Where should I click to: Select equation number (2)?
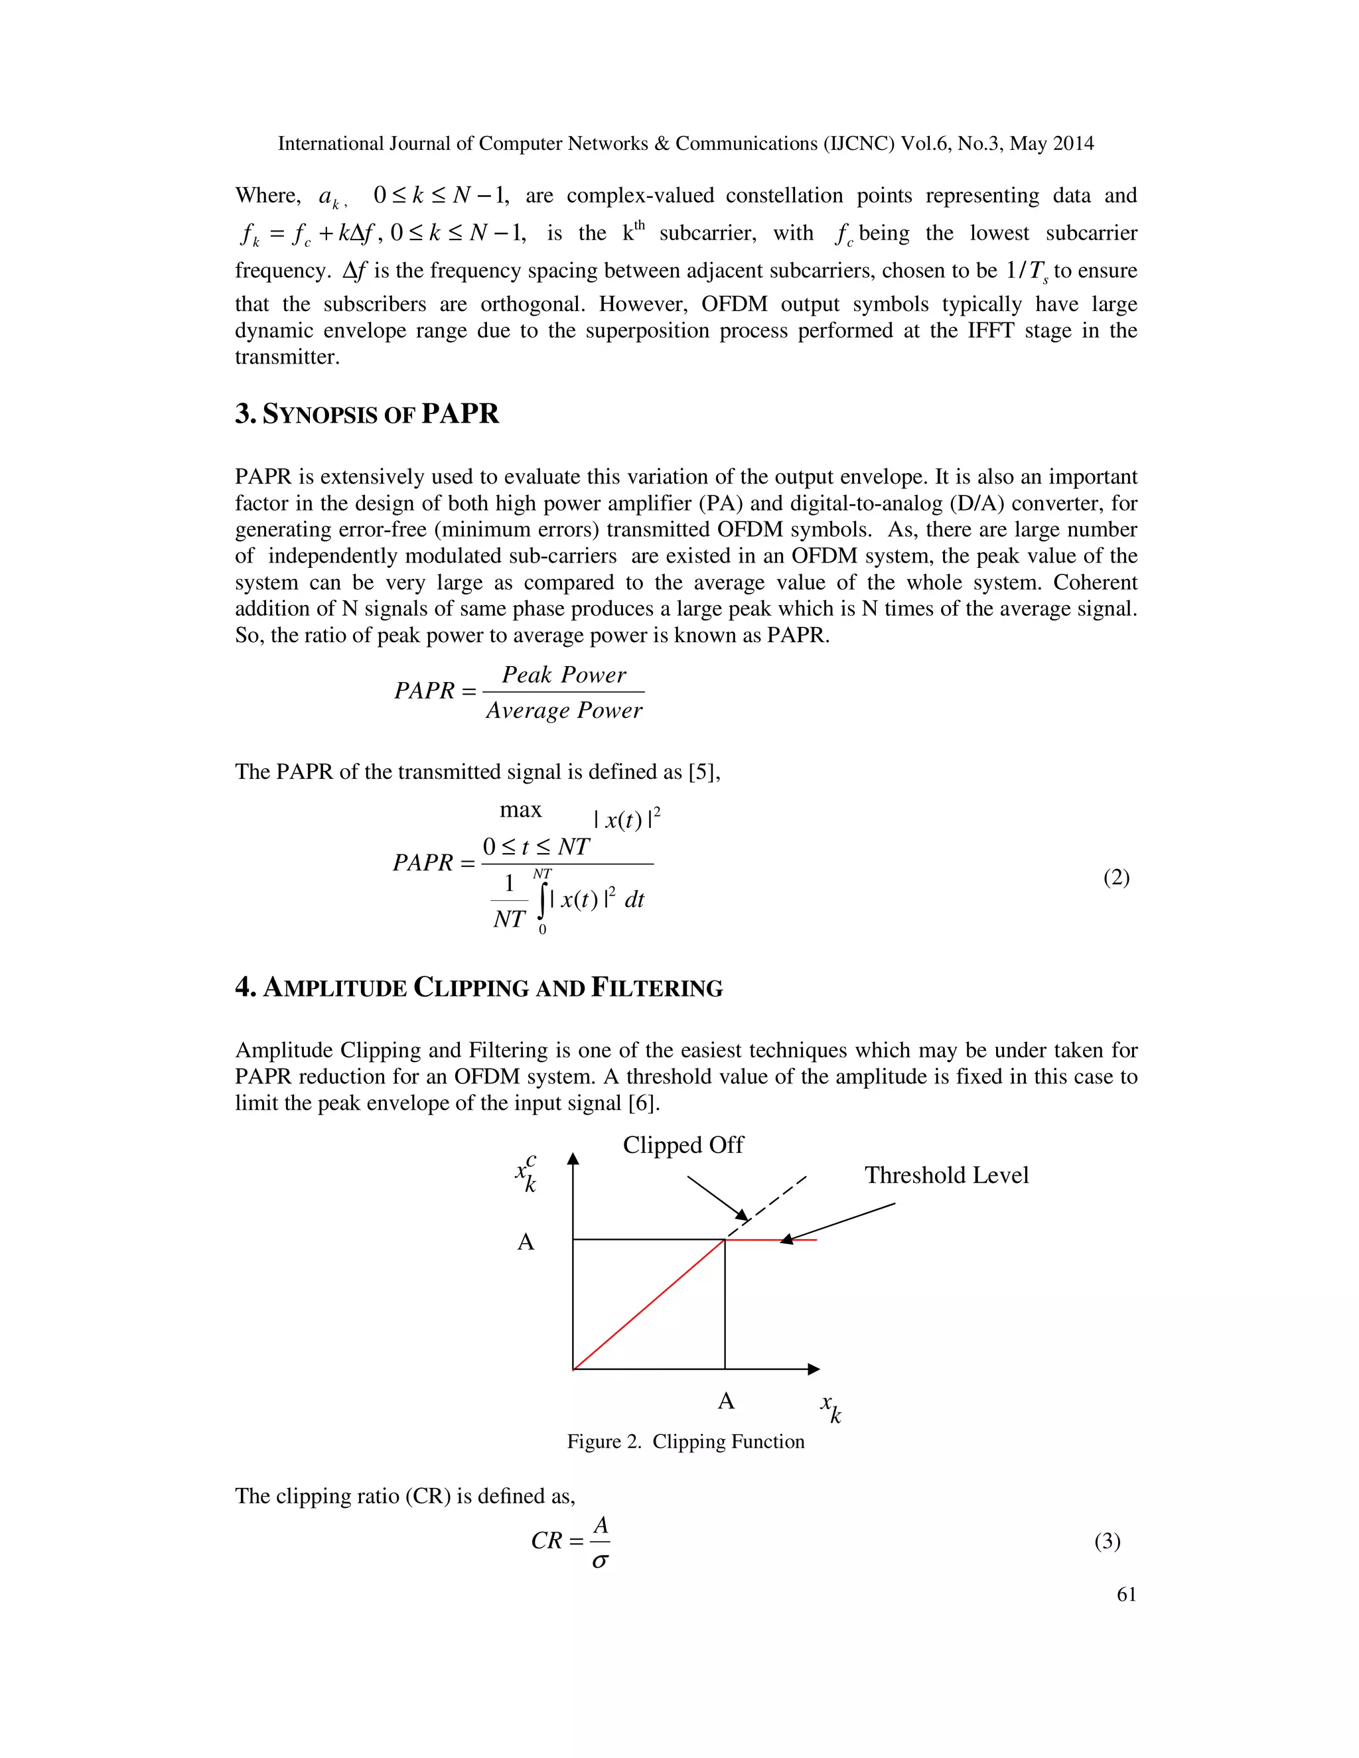pyautogui.click(x=1116, y=878)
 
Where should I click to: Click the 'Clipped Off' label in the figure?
pyautogui.click(x=683, y=1144)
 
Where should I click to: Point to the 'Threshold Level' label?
pyautogui.click(x=946, y=1176)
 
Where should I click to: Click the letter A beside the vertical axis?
pyautogui.click(x=526, y=1242)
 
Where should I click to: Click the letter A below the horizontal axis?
pyautogui.click(x=725, y=1401)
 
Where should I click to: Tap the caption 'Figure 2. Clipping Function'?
pyautogui.click(x=685, y=1442)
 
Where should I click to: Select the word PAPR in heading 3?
pyautogui.click(x=460, y=414)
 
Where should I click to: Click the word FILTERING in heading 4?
pyautogui.click(x=657, y=988)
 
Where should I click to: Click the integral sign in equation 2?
pyautogui.click(x=543, y=900)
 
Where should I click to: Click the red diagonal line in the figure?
pyautogui.click(x=648, y=1304)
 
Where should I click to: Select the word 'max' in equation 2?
pyautogui.click(x=520, y=810)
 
